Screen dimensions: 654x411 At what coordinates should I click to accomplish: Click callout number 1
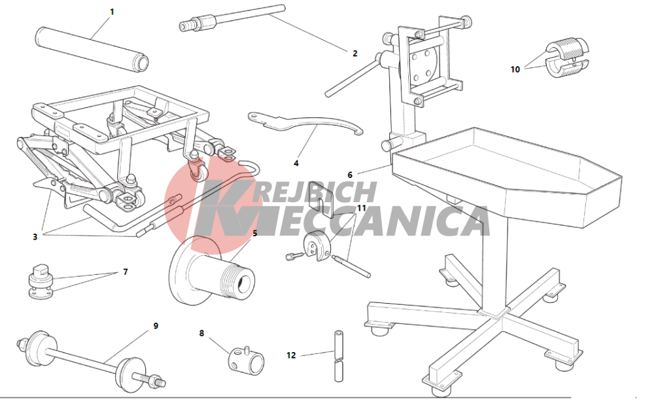(112, 12)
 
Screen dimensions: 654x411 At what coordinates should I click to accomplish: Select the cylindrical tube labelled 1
(92, 49)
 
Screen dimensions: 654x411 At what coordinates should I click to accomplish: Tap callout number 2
(355, 54)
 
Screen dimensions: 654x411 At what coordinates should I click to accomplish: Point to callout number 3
(35, 236)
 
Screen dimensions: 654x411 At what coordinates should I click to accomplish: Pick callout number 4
(296, 163)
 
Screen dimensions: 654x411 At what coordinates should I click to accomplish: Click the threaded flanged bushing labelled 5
(213, 271)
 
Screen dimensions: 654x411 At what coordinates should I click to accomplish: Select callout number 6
(350, 175)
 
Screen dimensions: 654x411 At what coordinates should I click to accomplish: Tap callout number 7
(126, 272)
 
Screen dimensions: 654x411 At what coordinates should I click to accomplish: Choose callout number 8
(202, 333)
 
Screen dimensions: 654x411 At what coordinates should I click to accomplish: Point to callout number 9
(156, 325)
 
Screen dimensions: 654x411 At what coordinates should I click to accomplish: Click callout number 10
(515, 69)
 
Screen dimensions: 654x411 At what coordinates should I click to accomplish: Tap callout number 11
(361, 208)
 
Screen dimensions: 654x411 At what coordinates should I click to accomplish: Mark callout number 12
(291, 355)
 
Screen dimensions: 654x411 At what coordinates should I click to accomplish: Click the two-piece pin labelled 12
(339, 356)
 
